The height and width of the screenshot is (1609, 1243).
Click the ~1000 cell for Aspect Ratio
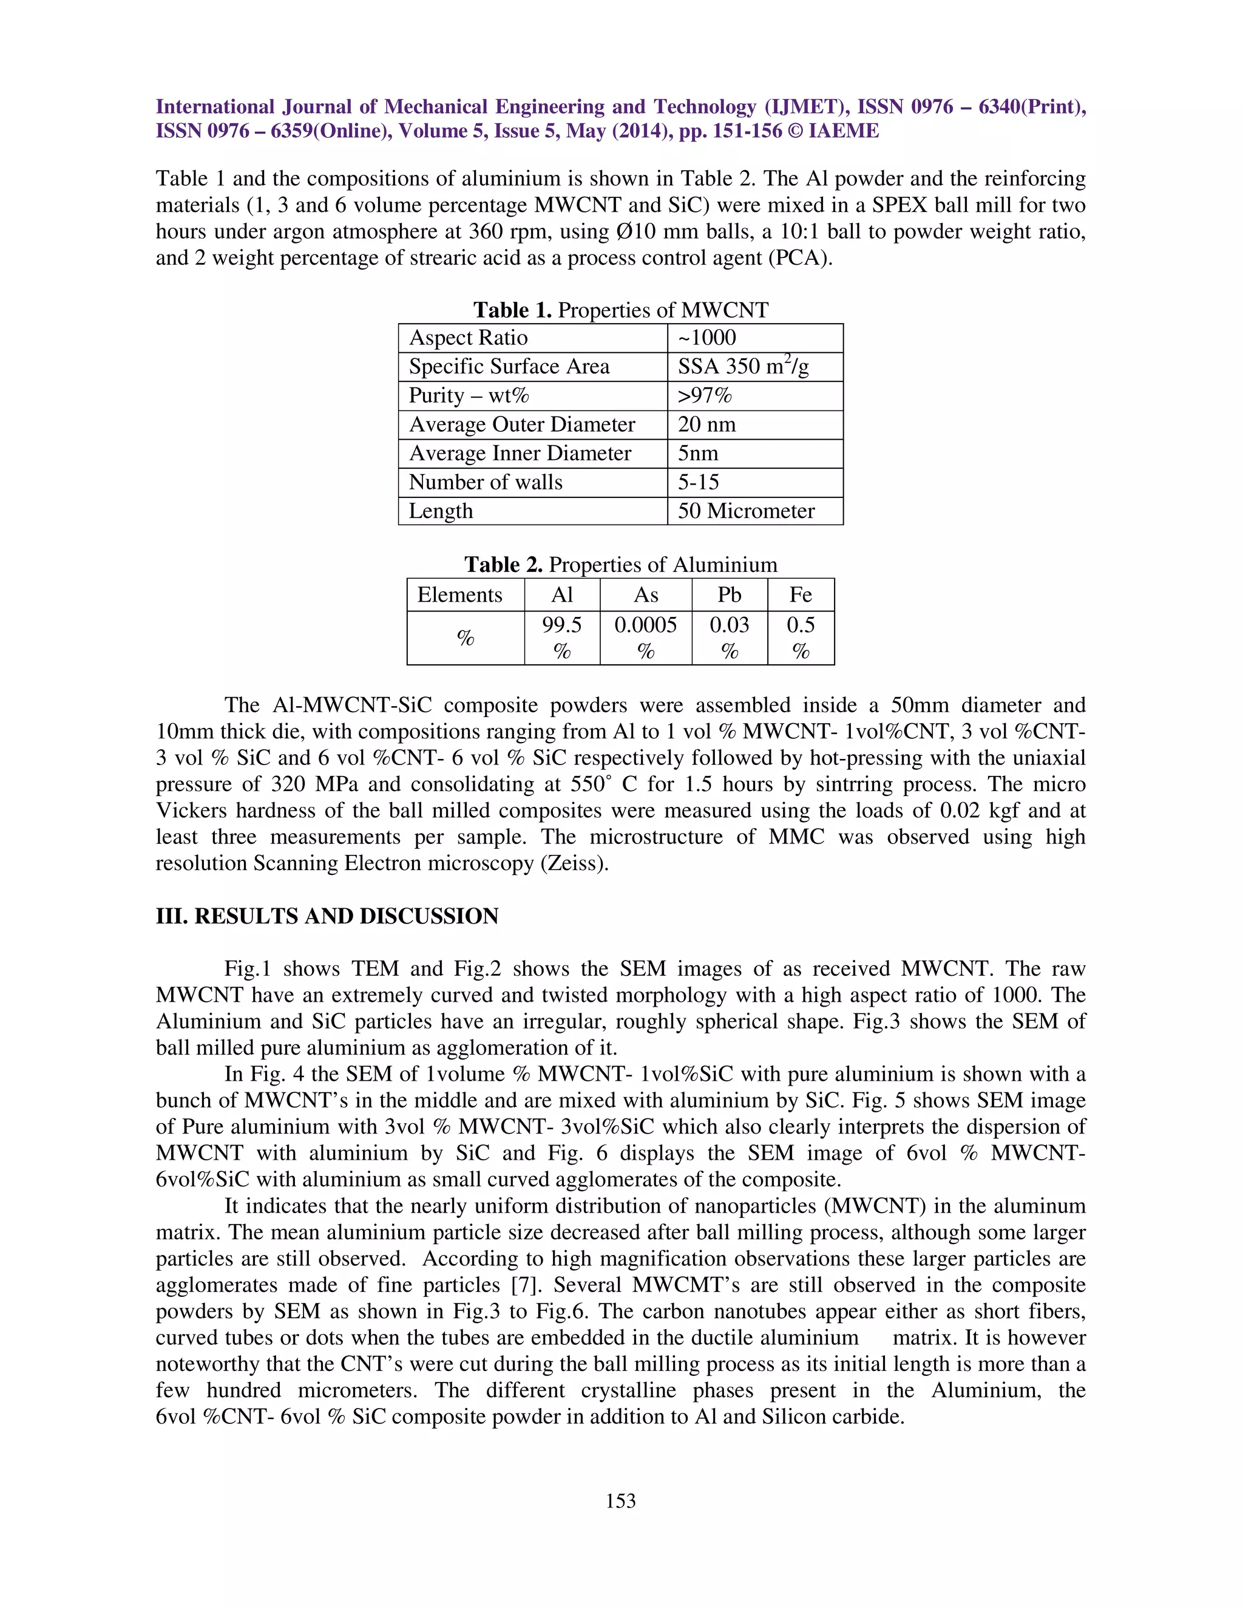click(706, 338)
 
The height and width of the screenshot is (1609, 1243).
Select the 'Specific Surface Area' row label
click(509, 366)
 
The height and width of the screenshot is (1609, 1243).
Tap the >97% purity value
click(705, 396)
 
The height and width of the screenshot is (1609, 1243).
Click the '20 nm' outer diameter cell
click(706, 424)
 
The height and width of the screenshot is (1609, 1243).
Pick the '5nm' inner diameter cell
click(697, 453)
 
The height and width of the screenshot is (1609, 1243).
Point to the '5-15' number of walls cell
click(698, 482)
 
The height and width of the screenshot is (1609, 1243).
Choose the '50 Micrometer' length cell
click(745, 511)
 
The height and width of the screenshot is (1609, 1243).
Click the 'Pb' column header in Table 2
click(729, 594)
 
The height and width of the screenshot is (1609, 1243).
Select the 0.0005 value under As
click(645, 625)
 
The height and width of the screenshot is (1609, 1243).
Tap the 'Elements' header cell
click(459, 594)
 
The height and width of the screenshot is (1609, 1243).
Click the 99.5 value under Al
click(561, 625)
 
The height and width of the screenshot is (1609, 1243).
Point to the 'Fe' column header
click(801, 594)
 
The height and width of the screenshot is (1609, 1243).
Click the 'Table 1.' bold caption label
click(512, 310)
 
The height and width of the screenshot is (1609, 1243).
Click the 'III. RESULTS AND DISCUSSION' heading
click(327, 916)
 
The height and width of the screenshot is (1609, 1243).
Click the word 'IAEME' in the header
click(843, 131)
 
